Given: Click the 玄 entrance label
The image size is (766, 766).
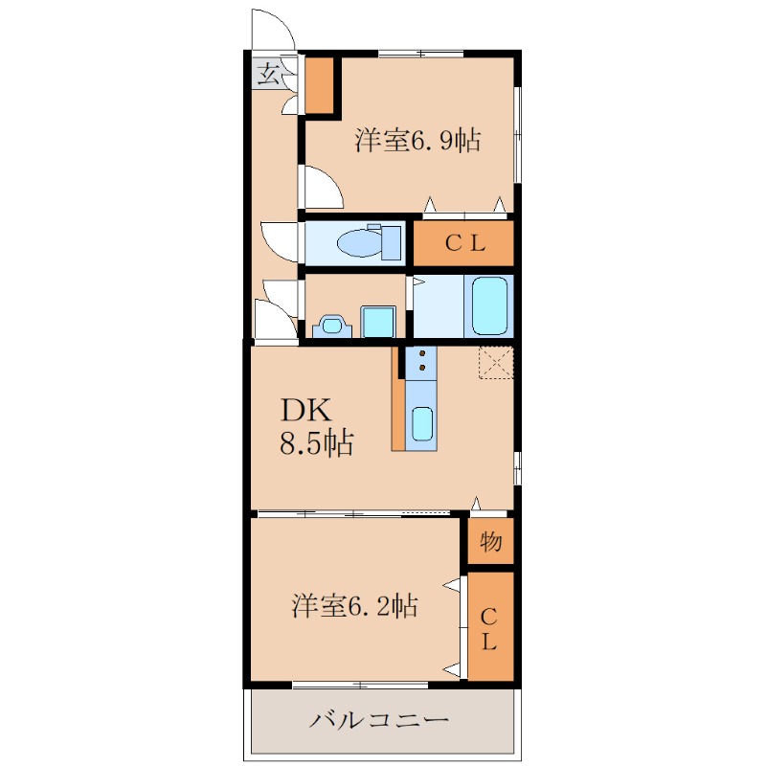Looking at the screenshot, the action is coord(268,75).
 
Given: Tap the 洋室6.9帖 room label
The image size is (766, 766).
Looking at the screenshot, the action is coord(417,140).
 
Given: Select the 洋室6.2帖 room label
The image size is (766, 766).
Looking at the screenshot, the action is coord(354,605).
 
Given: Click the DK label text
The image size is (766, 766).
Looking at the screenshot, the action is coord(306,410).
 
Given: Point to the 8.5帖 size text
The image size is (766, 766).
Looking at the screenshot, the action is coord(316,443).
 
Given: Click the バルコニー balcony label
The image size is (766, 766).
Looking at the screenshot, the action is coord(378,720).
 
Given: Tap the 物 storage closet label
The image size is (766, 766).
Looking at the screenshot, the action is coord(490,541).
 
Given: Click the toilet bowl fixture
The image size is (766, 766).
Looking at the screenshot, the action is coord(370,242).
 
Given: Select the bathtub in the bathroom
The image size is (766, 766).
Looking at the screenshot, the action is coord(489,306).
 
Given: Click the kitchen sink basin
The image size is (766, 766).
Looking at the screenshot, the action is coord(422,424).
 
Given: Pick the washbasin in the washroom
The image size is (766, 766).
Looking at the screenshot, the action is coord(332,326).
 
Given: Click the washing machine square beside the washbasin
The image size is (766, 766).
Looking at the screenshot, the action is coord(377,322).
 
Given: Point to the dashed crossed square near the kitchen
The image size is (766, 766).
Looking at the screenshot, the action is coord(496,363).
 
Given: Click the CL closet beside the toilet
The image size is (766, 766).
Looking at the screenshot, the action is coord(463,243).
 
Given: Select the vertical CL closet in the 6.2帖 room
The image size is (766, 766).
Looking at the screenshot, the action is coord(490,626).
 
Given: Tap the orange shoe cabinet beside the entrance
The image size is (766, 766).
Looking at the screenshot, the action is coord(320,85).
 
